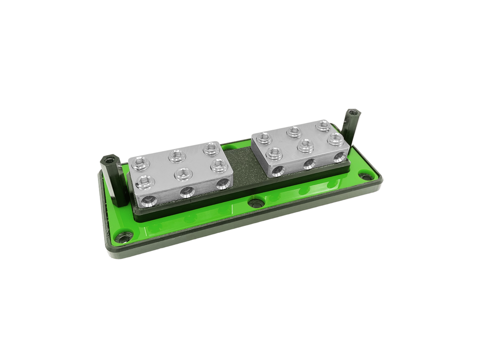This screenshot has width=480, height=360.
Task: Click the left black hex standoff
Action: (113, 180)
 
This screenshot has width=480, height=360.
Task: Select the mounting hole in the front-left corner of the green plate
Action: (124, 237)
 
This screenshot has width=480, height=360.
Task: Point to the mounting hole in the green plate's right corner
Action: (367, 177)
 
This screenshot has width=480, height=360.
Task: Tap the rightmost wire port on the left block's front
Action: (223, 184)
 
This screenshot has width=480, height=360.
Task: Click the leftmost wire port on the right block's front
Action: (278, 171)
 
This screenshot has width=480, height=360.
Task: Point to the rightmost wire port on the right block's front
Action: (339, 157)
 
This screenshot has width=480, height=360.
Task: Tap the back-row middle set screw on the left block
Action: (177, 156)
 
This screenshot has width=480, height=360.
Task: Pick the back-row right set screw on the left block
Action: (211, 148)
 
